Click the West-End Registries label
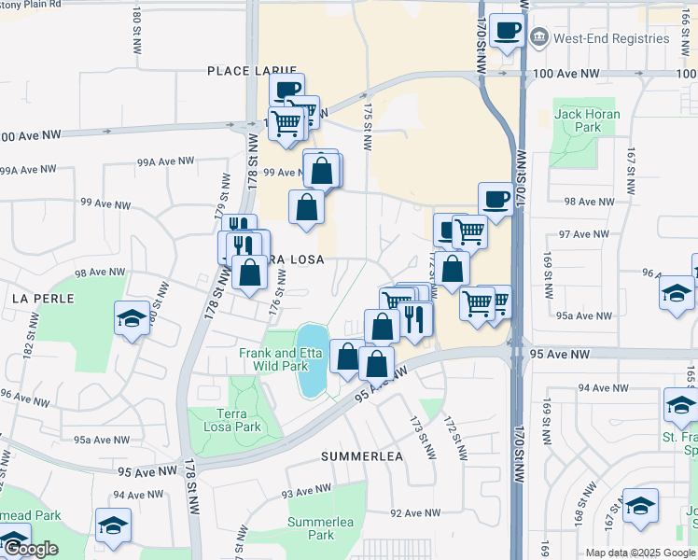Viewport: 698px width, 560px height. point(611,38)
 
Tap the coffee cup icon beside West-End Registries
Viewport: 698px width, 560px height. point(507,30)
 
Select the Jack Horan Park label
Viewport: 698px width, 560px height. point(577,120)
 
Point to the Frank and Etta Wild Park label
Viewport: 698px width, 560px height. point(273,359)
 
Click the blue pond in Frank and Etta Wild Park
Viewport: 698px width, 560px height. point(312,360)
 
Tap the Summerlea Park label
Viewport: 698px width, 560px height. point(311,528)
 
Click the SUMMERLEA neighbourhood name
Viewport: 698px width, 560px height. point(361,456)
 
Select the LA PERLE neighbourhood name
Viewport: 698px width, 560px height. point(36,298)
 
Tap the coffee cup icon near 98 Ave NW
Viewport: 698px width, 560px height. point(495,198)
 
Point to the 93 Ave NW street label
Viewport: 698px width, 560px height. point(306,491)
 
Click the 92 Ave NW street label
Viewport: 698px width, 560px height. point(414,513)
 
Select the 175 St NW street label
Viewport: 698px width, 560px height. point(367,125)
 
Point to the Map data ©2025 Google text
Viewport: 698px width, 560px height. point(639,553)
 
